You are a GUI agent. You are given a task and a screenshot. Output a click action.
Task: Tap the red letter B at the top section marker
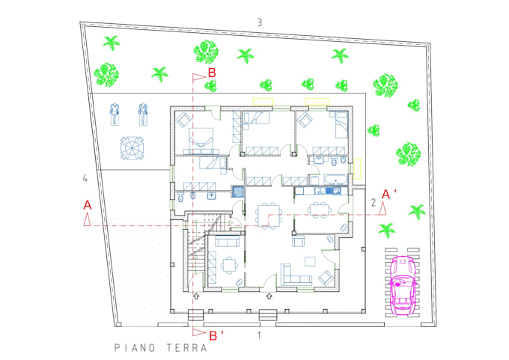click(212, 73)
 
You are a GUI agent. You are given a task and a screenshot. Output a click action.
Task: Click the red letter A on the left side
click(88, 205)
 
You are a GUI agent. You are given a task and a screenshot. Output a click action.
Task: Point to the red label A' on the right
click(389, 194)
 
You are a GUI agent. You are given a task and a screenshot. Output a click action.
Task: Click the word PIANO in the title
click(135, 348)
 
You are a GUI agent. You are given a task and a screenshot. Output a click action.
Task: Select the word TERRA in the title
click(187, 348)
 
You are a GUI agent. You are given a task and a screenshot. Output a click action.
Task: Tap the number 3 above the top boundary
click(260, 22)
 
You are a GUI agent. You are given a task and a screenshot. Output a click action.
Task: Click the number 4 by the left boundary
click(85, 178)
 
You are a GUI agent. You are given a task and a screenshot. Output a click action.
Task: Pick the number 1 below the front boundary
click(259, 335)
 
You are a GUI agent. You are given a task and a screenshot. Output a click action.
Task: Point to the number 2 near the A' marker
click(374, 203)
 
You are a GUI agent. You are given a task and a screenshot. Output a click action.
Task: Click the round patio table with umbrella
click(132, 148)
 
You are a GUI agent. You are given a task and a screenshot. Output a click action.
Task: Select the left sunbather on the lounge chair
click(115, 114)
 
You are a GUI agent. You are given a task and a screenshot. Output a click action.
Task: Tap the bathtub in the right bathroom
click(335, 180)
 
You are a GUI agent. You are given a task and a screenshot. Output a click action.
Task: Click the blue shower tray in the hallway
click(237, 192)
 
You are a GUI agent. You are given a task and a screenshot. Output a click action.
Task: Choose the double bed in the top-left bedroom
click(201, 140)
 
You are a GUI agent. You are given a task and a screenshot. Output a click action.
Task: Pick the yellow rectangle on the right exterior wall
click(357, 168)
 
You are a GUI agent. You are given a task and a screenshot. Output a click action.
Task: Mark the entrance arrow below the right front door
click(269, 296)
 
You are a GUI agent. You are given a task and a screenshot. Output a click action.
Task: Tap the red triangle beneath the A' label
click(383, 208)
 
